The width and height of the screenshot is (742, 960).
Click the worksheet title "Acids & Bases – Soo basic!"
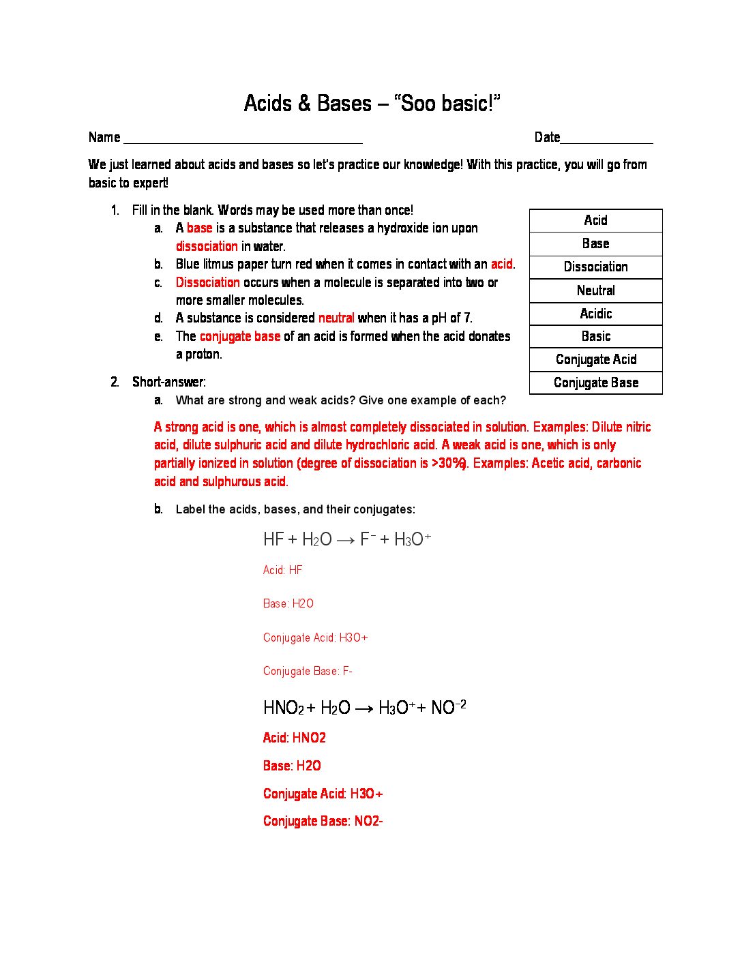point(372,104)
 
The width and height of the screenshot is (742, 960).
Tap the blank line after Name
point(243,139)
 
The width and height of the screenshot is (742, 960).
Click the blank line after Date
point(606,139)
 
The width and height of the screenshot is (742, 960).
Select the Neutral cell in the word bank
point(595,290)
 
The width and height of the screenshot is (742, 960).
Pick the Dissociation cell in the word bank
point(595,267)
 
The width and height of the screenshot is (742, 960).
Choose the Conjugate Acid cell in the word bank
point(595,359)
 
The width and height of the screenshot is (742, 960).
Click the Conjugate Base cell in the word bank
point(595,382)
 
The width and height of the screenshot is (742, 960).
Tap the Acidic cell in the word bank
point(595,314)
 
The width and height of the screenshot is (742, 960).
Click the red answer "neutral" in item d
point(336,318)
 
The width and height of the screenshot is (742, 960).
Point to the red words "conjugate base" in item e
point(240,336)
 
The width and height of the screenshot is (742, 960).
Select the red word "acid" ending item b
point(501,264)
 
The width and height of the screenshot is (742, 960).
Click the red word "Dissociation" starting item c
point(207,282)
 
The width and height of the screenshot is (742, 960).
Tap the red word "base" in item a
point(199,228)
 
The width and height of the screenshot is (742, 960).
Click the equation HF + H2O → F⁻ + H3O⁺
point(347,539)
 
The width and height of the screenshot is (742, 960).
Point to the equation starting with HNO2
point(365,708)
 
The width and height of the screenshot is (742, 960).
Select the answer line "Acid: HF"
point(282,570)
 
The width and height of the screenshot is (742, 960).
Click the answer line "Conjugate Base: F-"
point(308,671)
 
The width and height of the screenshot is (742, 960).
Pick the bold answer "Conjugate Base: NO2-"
point(323,821)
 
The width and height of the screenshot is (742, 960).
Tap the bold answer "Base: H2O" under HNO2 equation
point(292,766)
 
